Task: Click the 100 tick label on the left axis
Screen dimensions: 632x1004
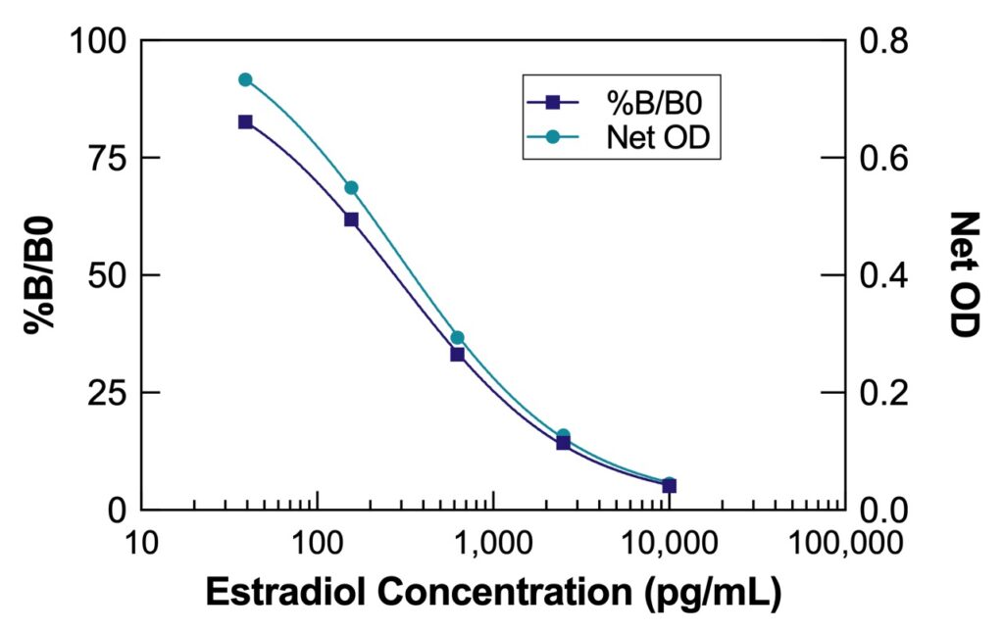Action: coord(98,41)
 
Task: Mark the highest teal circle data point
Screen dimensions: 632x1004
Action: coord(245,79)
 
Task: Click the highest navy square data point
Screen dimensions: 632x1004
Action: coord(245,122)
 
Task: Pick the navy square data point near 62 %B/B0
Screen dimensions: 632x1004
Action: coord(351,219)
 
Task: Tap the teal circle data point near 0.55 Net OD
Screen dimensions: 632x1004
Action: coord(351,187)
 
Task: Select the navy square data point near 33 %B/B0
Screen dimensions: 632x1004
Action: coord(457,354)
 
